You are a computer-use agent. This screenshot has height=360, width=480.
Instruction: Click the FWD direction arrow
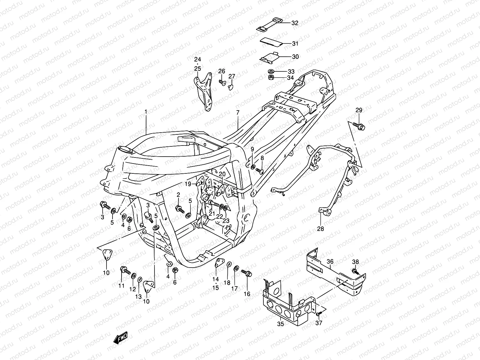point(120,338)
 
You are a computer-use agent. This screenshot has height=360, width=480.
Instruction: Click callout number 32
point(295,23)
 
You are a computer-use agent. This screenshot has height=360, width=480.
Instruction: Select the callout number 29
point(359,110)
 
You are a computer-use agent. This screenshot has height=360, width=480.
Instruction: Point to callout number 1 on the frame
point(146,112)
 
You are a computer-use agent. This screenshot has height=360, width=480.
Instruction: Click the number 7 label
point(238,112)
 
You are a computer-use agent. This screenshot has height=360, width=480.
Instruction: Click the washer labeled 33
point(271,71)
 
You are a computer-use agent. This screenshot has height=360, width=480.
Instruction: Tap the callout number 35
point(280,324)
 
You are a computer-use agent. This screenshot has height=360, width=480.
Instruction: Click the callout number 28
point(321,229)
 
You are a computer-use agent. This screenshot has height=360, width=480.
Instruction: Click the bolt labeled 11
point(125,270)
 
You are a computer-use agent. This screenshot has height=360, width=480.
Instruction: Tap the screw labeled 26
point(222,82)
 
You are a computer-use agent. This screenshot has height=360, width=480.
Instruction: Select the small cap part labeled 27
point(230,87)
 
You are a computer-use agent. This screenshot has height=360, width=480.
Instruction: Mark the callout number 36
point(330,262)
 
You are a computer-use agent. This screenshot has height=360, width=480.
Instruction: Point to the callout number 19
point(188,184)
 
